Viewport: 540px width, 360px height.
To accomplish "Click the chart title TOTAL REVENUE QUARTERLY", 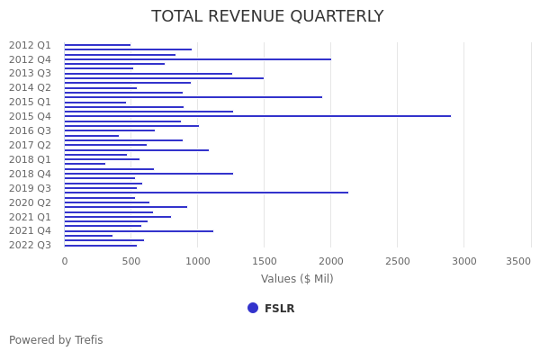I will click(x=267, y=17).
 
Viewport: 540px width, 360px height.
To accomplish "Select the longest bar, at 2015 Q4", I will click(x=257, y=116).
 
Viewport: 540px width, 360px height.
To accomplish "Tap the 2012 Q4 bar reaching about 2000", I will click(x=197, y=59).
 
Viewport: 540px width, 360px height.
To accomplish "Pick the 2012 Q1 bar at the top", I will click(x=97, y=45).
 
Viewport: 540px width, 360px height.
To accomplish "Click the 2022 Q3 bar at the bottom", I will click(x=101, y=246).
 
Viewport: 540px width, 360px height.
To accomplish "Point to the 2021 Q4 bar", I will click(x=139, y=231).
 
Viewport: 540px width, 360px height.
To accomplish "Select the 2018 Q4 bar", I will click(x=148, y=174).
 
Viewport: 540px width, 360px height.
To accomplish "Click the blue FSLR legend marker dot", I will click(x=253, y=308).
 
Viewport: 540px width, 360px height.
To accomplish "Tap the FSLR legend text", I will click(x=279, y=309).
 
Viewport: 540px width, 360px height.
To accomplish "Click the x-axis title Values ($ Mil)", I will click(x=297, y=279).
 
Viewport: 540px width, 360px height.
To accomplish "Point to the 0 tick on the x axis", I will click(x=64, y=261).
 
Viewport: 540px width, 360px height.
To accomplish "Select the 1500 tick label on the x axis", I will click(x=264, y=261).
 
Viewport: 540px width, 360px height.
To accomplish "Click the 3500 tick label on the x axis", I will click(x=518, y=261).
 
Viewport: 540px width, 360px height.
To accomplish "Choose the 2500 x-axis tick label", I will click(x=397, y=261).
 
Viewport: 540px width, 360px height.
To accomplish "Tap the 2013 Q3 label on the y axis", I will click(x=30, y=74).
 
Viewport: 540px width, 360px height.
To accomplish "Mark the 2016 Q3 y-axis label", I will click(x=30, y=130).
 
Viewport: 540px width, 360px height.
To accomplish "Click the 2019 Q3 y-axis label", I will click(x=30, y=188).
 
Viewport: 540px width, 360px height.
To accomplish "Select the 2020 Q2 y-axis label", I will click(x=30, y=202).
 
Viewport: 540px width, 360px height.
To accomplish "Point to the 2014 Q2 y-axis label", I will click(x=30, y=88).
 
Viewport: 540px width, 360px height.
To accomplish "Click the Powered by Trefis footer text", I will click(x=56, y=340).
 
